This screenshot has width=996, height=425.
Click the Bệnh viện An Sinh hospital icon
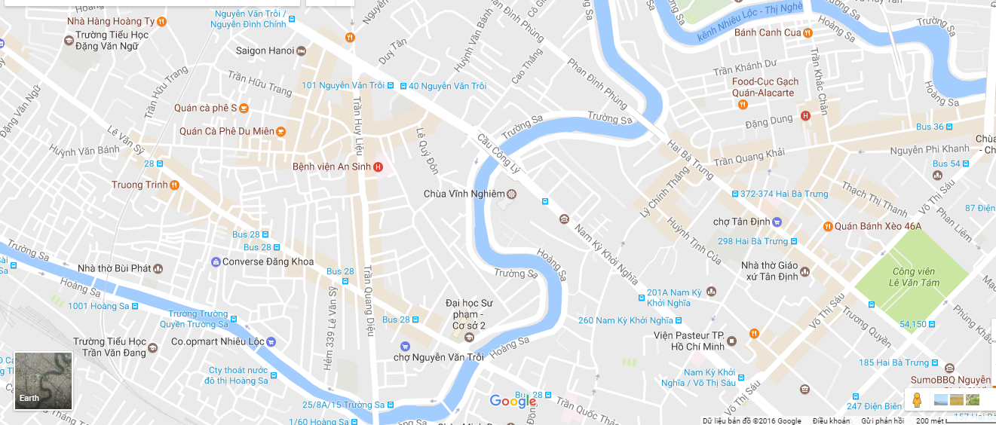pos(378,167)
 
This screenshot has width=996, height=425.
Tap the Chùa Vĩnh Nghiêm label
pos(464,194)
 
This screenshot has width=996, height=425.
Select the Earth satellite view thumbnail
pos(43,381)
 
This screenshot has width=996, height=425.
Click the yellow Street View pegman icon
pos(916,400)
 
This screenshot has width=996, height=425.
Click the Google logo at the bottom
pos(513,401)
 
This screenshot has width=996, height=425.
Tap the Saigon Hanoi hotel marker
pos(302,50)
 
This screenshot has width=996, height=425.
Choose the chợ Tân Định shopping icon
pos(777,222)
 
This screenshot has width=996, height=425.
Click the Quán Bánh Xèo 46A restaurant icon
pos(827,226)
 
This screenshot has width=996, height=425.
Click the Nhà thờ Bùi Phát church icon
pos(158,268)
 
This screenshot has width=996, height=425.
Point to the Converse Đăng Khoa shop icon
pos(216,262)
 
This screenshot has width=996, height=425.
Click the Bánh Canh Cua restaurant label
pos(767,32)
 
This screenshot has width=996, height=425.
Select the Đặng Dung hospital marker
pos(805,116)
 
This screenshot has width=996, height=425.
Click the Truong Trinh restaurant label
pos(139,185)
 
